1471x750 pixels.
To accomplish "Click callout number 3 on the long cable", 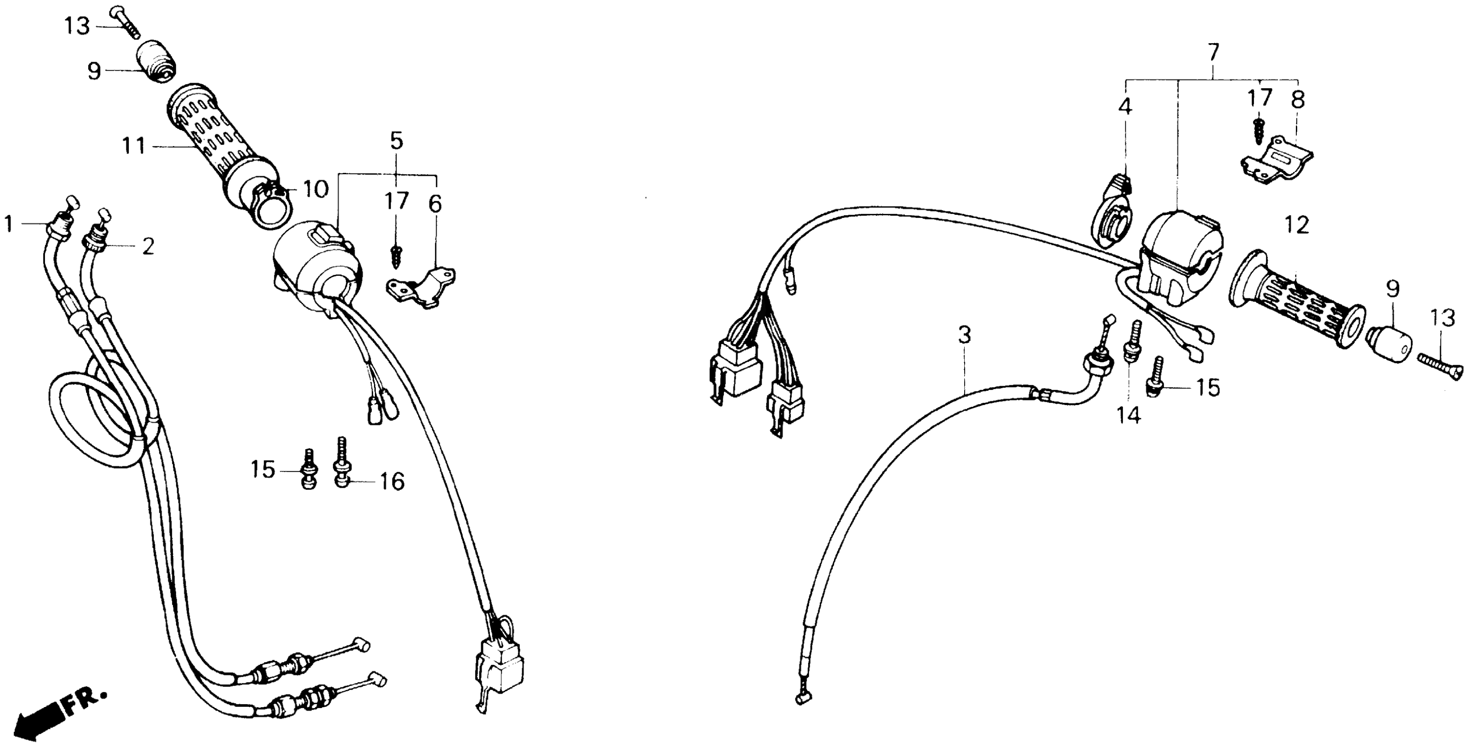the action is (964, 335).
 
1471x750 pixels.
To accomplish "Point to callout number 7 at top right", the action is (1213, 53).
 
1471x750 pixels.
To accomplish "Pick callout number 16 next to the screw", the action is (392, 481).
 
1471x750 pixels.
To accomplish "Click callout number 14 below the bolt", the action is (1129, 415).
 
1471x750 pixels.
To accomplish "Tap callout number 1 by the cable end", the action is (8, 224).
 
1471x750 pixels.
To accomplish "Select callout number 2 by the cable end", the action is (148, 247).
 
